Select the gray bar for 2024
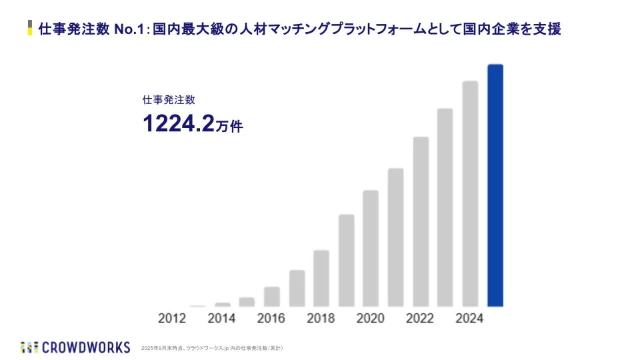pyautogui.click(x=470, y=193)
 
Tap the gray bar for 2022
pyautogui.click(x=421, y=221)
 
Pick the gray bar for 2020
pyautogui.click(x=371, y=248)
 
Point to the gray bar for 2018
pyautogui.click(x=321, y=278)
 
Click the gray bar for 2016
pyautogui.click(x=272, y=296)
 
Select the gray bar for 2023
pyautogui.click(x=445, y=207)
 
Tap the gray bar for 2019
pyautogui.click(x=346, y=260)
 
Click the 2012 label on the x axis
pyautogui.click(x=172, y=318)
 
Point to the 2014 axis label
pyautogui.click(x=221, y=318)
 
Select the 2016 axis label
pyautogui.click(x=271, y=318)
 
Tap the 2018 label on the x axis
pyautogui.click(x=321, y=318)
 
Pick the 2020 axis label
pyautogui.click(x=371, y=318)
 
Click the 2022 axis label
pyautogui.click(x=420, y=318)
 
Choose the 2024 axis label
pyautogui.click(x=469, y=318)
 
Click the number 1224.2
pyautogui.click(x=178, y=123)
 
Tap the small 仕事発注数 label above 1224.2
pyautogui.click(x=169, y=100)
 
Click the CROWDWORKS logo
pyautogui.click(x=75, y=347)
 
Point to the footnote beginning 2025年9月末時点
pyautogui.click(x=213, y=348)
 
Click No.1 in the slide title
pyautogui.click(x=129, y=30)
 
